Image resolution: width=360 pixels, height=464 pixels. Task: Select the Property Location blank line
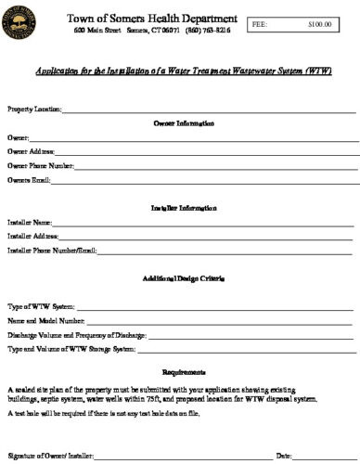click(x=209, y=111)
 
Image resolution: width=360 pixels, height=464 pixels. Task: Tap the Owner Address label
click(x=31, y=151)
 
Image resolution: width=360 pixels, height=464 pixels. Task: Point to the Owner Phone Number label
click(x=41, y=165)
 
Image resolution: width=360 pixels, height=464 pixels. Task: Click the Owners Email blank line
click(x=204, y=181)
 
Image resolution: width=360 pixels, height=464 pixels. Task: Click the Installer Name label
click(x=30, y=223)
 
